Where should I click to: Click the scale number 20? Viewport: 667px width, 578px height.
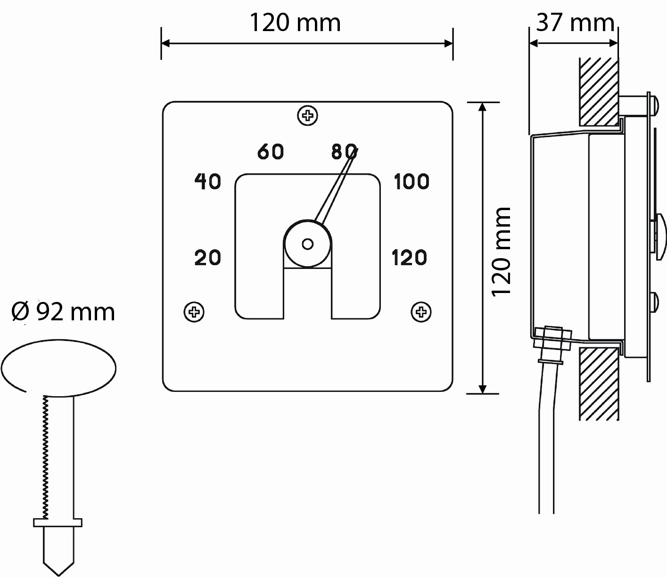tap(207, 258)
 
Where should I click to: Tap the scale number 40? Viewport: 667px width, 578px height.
tap(207, 181)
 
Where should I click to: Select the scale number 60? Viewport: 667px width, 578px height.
tap(271, 152)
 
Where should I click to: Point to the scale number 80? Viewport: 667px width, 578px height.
tap(344, 152)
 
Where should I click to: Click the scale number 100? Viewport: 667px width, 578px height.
tap(411, 181)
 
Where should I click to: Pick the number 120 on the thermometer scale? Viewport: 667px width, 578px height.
tap(409, 258)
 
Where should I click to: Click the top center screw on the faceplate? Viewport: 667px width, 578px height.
tap(308, 115)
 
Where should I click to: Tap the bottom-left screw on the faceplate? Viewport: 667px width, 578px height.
tap(193, 312)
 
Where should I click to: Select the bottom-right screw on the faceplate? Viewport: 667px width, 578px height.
tap(421, 312)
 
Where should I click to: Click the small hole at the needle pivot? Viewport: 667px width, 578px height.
tap(308, 244)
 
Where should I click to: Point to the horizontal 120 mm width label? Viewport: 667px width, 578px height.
tap(295, 23)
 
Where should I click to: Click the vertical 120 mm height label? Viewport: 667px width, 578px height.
tap(502, 251)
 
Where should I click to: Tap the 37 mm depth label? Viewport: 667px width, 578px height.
tap(575, 22)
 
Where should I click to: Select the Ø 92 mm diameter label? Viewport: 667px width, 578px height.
tap(63, 312)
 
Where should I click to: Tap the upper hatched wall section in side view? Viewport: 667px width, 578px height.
tap(599, 92)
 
